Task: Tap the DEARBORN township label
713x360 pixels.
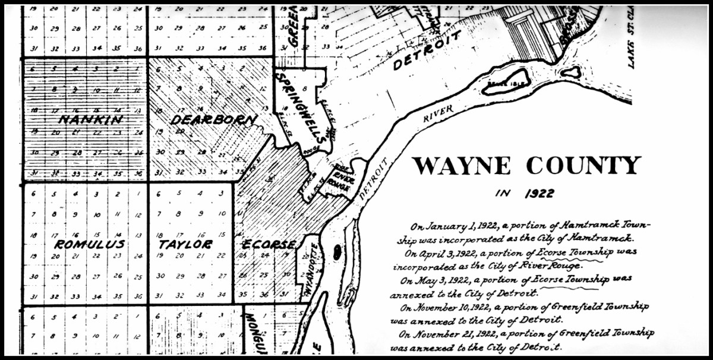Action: tap(213, 119)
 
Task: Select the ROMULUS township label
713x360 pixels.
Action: tap(90, 244)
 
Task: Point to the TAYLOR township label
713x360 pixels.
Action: tap(185, 244)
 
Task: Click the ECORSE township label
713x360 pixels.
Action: tap(269, 245)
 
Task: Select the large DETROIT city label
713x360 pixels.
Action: tap(426, 50)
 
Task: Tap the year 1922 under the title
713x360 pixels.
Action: tap(540, 193)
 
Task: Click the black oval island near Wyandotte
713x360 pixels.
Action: tap(337, 252)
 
